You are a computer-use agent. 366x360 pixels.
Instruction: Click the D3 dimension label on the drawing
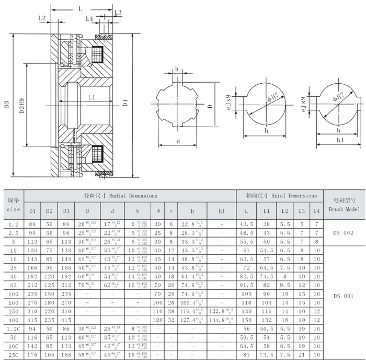coord(6,104)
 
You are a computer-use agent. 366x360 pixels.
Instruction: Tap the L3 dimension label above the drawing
coord(118,12)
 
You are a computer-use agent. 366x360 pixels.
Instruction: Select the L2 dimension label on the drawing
coord(42,18)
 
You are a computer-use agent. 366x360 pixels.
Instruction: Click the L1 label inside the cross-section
coord(92,97)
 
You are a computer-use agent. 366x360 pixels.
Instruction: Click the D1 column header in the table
coord(32,211)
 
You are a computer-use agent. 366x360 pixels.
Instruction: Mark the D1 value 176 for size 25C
coord(32,355)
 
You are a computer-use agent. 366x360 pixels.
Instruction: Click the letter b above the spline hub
coord(177,69)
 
